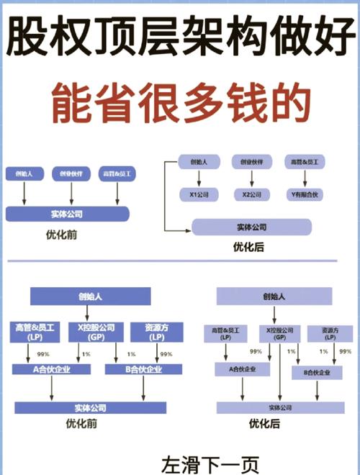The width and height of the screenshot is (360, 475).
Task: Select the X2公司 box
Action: [251, 194]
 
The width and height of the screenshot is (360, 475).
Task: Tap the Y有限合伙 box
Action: [303, 194]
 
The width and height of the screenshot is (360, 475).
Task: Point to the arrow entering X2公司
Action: [251, 179]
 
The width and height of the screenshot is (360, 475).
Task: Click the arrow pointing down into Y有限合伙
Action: [303, 179]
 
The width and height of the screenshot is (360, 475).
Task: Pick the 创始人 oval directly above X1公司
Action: [199, 162]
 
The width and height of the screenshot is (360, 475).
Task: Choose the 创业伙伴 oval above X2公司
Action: [251, 162]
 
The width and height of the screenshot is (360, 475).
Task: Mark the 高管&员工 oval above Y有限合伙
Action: [303, 162]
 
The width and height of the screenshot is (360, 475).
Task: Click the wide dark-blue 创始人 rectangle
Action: [90, 296]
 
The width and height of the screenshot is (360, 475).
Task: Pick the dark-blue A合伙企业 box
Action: [50, 369]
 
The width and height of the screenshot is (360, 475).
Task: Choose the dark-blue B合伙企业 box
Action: [140, 369]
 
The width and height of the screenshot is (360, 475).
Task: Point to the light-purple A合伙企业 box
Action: [242, 369]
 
